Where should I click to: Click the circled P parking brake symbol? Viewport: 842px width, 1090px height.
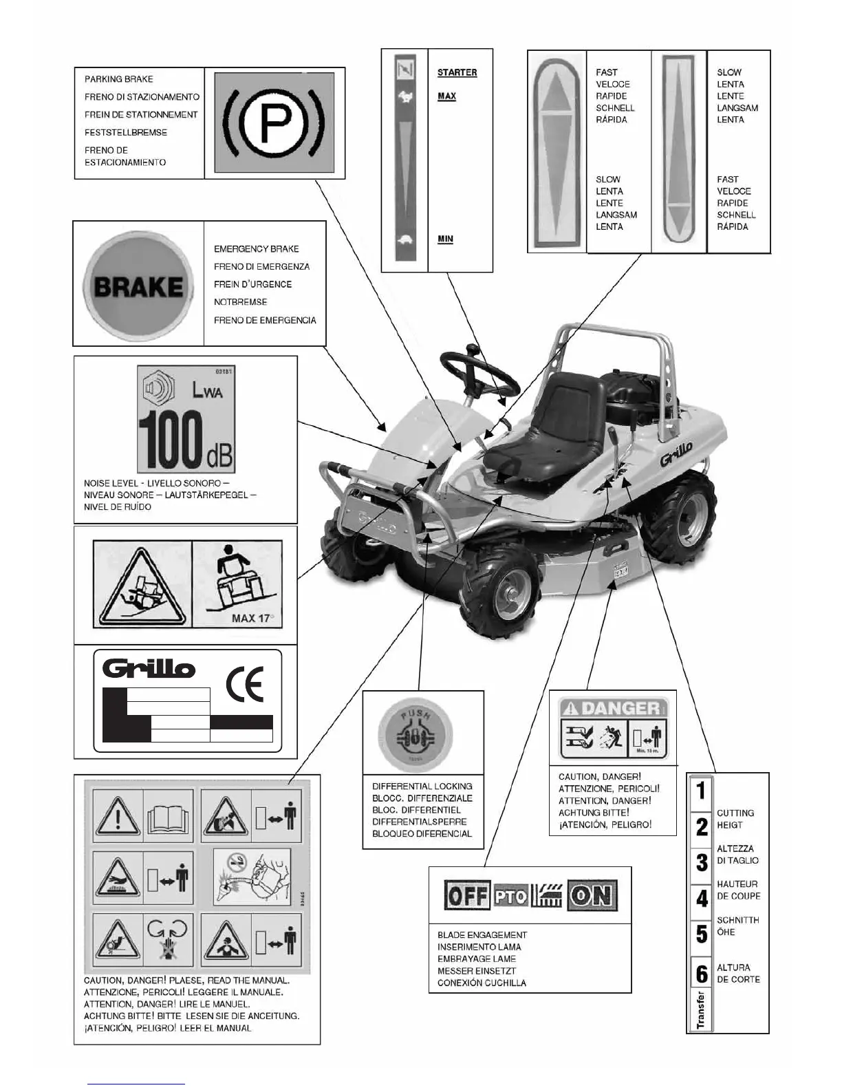coord(274,124)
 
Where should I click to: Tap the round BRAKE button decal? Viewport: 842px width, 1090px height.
coord(138,286)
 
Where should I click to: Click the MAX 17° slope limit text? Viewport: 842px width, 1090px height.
coord(252,617)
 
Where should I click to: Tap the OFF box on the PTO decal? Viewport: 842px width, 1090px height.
coord(467,896)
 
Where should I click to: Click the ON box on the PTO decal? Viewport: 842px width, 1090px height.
coord(592,896)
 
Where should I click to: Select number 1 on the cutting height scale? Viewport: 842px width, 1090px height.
coord(701,790)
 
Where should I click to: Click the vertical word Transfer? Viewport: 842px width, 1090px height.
coord(701,1009)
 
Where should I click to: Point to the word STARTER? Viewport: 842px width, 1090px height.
coord(457,72)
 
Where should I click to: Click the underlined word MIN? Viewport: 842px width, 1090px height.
coord(445,239)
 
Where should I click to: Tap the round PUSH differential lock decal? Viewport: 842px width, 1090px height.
coord(415,737)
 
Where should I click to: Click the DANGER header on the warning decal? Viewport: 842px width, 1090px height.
coord(613,707)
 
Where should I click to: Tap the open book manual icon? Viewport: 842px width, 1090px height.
coord(167,817)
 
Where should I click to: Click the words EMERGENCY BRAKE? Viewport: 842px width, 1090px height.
coord(256,248)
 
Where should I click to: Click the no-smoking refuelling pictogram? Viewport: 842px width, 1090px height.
coord(252,876)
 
